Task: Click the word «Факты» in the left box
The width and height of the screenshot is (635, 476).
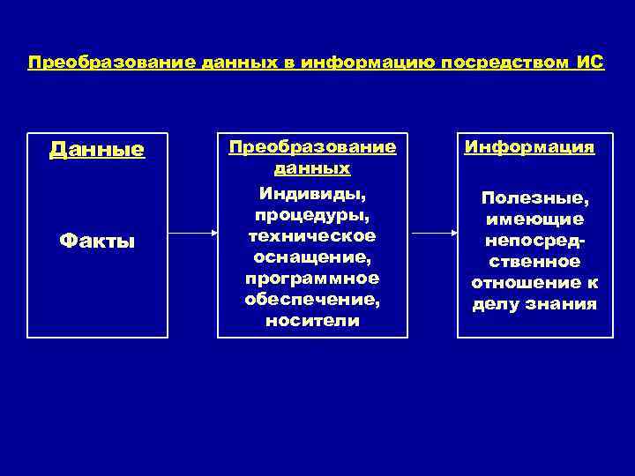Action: click(97, 240)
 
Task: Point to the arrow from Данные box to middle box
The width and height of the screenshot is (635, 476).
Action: click(192, 234)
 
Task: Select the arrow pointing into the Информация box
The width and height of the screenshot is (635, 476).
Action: click(434, 234)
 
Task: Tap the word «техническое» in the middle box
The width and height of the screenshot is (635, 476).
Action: click(312, 235)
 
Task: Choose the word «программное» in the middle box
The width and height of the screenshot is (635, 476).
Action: click(312, 278)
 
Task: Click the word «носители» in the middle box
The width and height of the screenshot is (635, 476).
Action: click(312, 321)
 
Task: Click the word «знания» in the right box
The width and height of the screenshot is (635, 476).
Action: click(564, 305)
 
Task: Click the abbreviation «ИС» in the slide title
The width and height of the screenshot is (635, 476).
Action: click(590, 64)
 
